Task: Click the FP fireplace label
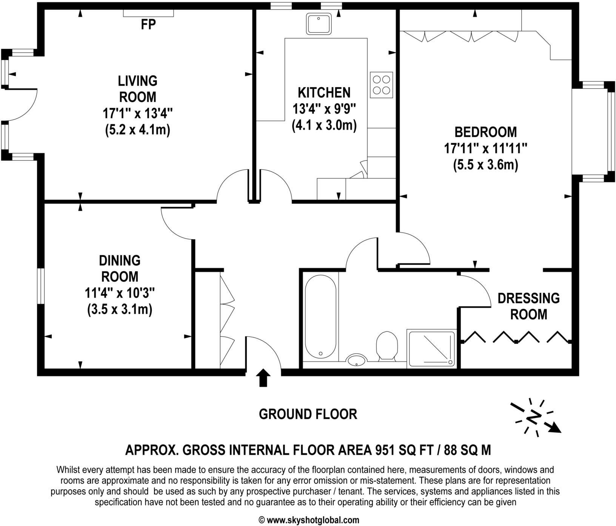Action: [x=148, y=25]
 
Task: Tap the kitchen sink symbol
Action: [x=319, y=24]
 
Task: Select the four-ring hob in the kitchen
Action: [x=381, y=85]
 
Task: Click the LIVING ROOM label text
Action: [x=137, y=89]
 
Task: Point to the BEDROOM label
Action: [x=485, y=132]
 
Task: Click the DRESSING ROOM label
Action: [x=528, y=306]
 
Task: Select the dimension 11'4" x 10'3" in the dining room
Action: [x=120, y=293]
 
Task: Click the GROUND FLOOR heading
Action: [x=308, y=414]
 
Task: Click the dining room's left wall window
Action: [x=40, y=286]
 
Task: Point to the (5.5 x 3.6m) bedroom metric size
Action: [x=485, y=165]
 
